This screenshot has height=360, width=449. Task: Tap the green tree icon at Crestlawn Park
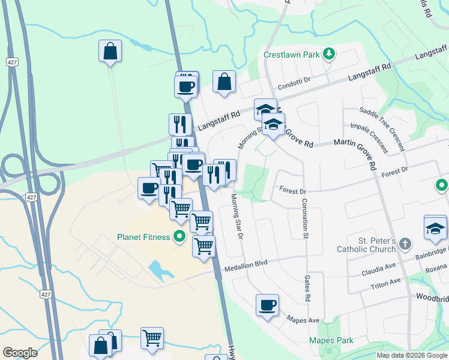pos(328,54)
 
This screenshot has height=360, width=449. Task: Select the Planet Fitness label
pos(144,237)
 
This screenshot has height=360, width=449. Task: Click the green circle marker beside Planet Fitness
pos(179,237)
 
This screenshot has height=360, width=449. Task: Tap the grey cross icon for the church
pos(405,244)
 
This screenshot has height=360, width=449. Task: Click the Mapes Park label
pos(331,341)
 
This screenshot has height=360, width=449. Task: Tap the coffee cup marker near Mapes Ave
pos(267,305)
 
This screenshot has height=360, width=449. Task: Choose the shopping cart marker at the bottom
pos(152,338)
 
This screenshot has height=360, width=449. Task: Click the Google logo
pos(19,353)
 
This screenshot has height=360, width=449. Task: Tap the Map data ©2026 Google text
pos(412,355)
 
